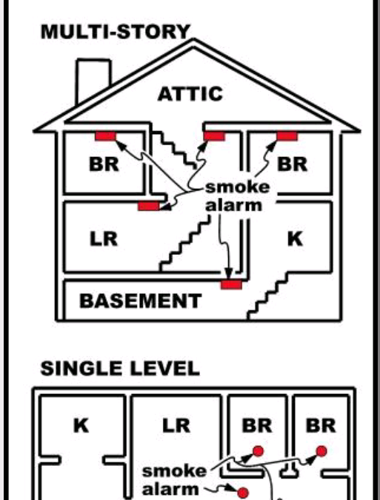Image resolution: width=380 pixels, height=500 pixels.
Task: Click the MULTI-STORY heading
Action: pos(116,32)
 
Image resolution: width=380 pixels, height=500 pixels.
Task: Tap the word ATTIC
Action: pos(190,94)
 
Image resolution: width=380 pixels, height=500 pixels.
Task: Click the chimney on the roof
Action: pos(93,80)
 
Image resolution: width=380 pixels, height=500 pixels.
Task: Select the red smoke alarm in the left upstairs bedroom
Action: pos(105,136)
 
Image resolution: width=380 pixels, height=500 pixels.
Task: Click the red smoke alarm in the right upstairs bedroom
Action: pos(287,136)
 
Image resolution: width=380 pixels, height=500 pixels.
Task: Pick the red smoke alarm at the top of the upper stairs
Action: pos(214,136)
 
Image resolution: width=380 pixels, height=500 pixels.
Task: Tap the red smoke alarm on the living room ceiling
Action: pos(149,206)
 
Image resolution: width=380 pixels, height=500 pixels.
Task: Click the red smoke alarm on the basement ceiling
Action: pos(231,284)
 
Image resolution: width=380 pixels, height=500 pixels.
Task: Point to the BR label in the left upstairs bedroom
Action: pos(104,164)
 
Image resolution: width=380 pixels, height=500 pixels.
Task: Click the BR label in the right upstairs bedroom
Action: pos(293,164)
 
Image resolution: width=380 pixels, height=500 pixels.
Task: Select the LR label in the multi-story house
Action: pos(104,239)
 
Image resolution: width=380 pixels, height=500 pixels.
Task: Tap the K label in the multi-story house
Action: pos(296,239)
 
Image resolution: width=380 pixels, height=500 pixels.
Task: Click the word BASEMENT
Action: pos(140,301)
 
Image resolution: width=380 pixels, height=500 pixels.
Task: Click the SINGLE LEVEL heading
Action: pos(120,368)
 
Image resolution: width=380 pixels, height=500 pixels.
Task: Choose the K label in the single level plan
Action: pos(81,425)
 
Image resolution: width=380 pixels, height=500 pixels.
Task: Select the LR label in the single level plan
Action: pos(176,425)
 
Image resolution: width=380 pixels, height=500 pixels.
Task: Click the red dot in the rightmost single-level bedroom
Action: pos(321,451)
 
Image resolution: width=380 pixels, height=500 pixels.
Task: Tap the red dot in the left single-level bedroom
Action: pos(258,451)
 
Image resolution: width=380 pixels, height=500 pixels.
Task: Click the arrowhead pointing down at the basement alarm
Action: pos(229,274)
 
